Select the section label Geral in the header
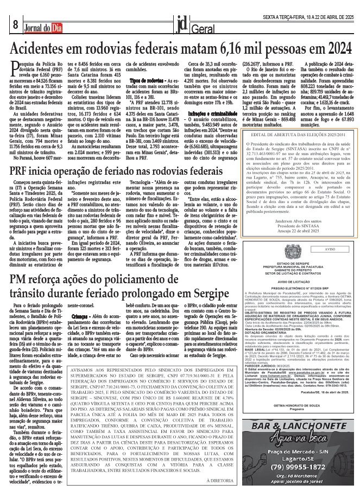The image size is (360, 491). (201, 27)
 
